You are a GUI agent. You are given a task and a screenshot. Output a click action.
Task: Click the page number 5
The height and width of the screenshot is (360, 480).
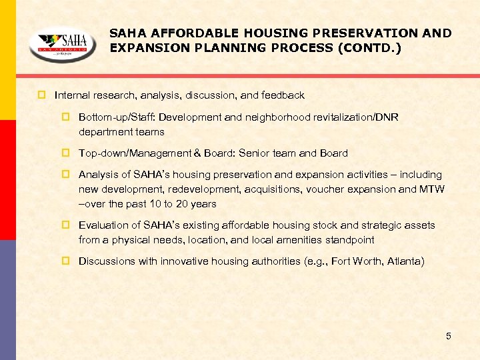(x=449, y=336)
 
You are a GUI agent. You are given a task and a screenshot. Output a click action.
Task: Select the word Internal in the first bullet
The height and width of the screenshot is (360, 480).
(x=73, y=95)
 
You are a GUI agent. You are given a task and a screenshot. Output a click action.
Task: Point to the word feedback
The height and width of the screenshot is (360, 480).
(x=283, y=95)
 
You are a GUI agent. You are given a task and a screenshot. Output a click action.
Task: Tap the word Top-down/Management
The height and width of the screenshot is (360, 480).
(x=133, y=153)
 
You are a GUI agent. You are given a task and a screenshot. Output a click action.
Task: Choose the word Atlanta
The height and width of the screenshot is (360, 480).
(x=403, y=261)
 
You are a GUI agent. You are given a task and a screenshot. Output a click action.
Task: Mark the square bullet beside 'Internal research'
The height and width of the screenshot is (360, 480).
(x=41, y=95)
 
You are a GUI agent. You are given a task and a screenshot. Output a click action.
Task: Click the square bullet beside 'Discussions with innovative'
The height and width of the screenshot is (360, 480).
(x=65, y=261)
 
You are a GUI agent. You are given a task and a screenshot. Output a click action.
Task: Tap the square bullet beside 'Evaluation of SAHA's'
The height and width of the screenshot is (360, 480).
(x=65, y=225)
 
